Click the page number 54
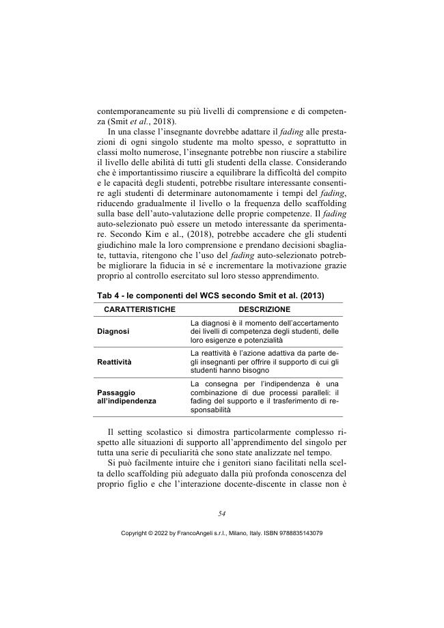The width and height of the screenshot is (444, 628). (222, 513)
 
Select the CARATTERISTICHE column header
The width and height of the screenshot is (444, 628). (135, 309)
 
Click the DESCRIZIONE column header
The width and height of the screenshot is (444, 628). (264, 309)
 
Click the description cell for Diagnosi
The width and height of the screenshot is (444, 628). (265, 331)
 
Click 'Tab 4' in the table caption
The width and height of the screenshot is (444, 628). (109, 294)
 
